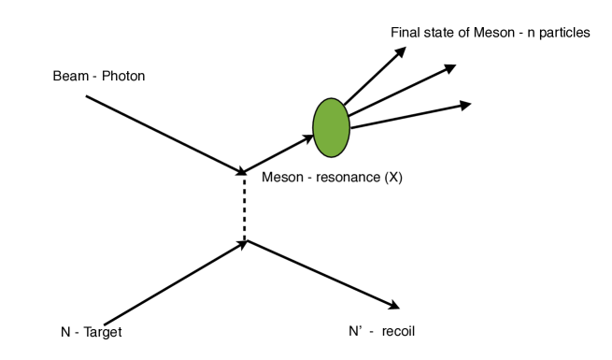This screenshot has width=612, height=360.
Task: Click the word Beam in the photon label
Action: (68, 75)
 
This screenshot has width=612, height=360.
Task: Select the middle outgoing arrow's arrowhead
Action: (450, 67)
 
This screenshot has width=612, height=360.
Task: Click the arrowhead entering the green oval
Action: (307, 138)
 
